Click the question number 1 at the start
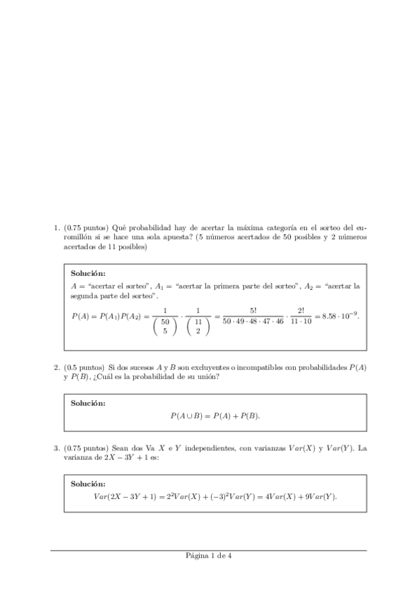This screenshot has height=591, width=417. (x=56, y=227)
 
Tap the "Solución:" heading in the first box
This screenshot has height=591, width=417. (x=89, y=274)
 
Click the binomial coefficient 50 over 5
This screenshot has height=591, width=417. (x=165, y=326)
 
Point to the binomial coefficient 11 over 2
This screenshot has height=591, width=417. (x=198, y=326)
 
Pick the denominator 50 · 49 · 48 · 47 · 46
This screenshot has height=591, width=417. (x=253, y=322)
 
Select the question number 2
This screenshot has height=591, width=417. (x=56, y=367)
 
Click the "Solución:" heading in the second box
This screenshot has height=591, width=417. (x=89, y=404)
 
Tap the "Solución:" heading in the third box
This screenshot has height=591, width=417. (x=89, y=484)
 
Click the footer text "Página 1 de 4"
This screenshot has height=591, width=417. (x=208, y=555)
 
